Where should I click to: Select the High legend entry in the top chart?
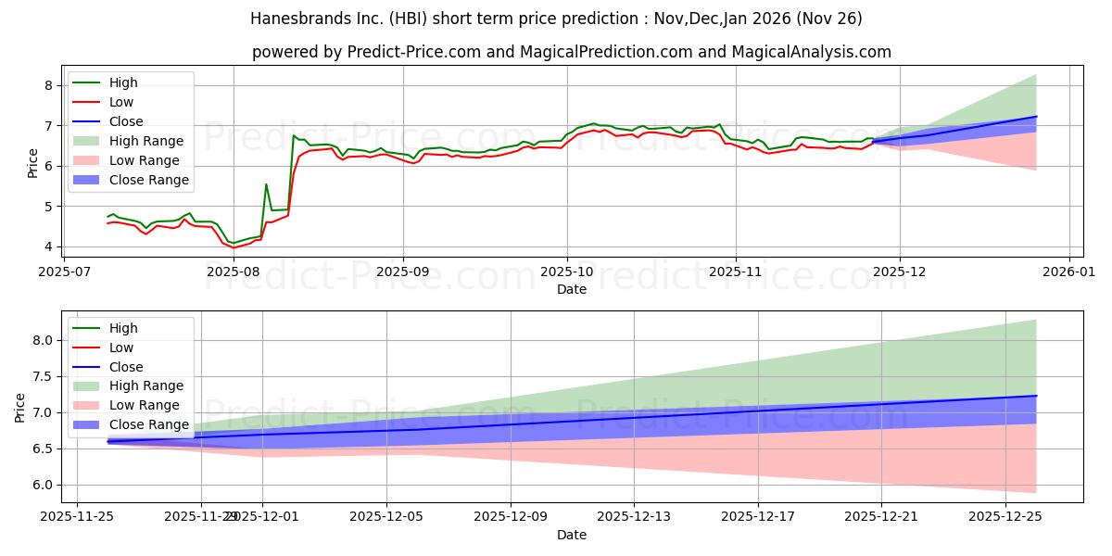122,82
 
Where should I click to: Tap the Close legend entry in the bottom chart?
126,367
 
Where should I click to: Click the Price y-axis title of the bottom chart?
20,407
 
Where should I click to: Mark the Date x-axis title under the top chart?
571,290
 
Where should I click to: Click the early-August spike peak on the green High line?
266,183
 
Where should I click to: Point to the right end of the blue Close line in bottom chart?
1036,396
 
